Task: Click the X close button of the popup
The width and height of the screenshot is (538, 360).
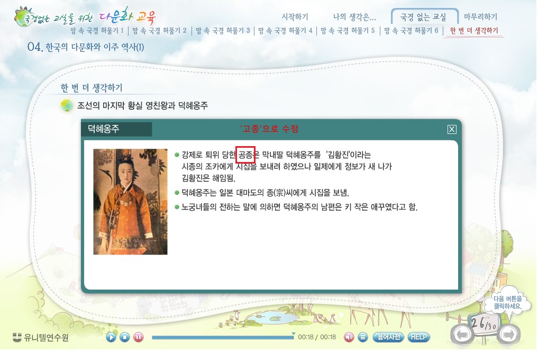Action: pos(452,129)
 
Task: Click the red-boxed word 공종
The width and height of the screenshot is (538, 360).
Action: pos(245,155)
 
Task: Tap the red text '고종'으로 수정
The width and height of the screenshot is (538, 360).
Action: pos(269,129)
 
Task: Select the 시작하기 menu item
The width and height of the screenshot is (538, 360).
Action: pos(295,16)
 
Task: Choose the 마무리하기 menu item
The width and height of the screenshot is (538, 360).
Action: pos(480,16)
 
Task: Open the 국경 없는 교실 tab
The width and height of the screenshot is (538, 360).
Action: pos(423,17)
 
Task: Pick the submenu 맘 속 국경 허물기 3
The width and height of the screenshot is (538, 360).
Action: pos(223,31)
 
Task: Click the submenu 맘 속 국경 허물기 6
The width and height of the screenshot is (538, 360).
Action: pos(411,31)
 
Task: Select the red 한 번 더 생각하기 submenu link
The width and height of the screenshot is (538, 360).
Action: pos(474,31)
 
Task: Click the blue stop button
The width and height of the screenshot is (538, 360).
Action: pos(124,337)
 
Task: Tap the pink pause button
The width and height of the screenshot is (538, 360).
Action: pos(138,337)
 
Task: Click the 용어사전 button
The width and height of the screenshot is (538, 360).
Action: pos(388,337)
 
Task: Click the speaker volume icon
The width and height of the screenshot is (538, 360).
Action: pos(349,337)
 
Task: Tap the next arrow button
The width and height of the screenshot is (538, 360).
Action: pos(508,334)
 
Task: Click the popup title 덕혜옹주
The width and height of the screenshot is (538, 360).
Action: pos(103,129)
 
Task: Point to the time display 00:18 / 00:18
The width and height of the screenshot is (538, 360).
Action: pos(317,337)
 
